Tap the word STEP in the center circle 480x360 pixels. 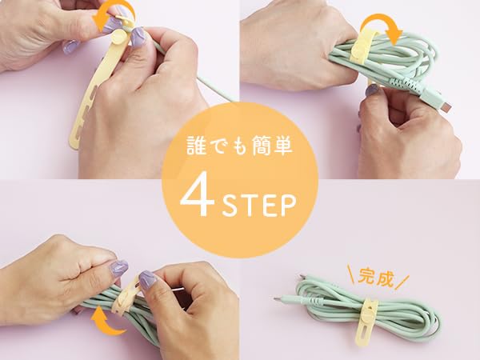(x=258, y=206)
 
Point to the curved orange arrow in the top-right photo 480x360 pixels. (x=383, y=26)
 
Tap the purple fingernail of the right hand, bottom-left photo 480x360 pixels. (x=148, y=279)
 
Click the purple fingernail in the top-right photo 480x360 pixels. (x=372, y=91)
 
